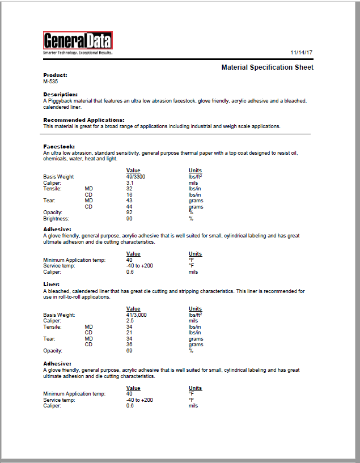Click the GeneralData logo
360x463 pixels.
click(x=78, y=41)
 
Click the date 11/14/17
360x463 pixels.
click(x=302, y=52)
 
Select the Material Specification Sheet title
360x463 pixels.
click(x=267, y=67)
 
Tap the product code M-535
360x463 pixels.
click(x=50, y=81)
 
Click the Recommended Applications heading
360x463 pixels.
click(x=84, y=120)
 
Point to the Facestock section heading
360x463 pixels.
click(x=59, y=146)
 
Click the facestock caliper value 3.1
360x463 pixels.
click(x=130, y=183)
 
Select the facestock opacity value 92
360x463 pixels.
click(x=130, y=213)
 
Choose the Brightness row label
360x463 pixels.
click(x=56, y=218)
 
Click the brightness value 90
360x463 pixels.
click(x=130, y=218)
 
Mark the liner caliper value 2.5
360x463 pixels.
click(x=130, y=321)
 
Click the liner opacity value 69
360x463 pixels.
click(x=130, y=350)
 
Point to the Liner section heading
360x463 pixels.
click(x=52, y=284)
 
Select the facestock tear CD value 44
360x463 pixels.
click(x=130, y=206)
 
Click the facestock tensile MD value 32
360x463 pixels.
click(x=130, y=189)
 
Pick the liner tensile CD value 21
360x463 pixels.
click(x=130, y=333)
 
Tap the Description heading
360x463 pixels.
click(x=60, y=94)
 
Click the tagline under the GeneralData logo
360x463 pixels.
click(x=78, y=53)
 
